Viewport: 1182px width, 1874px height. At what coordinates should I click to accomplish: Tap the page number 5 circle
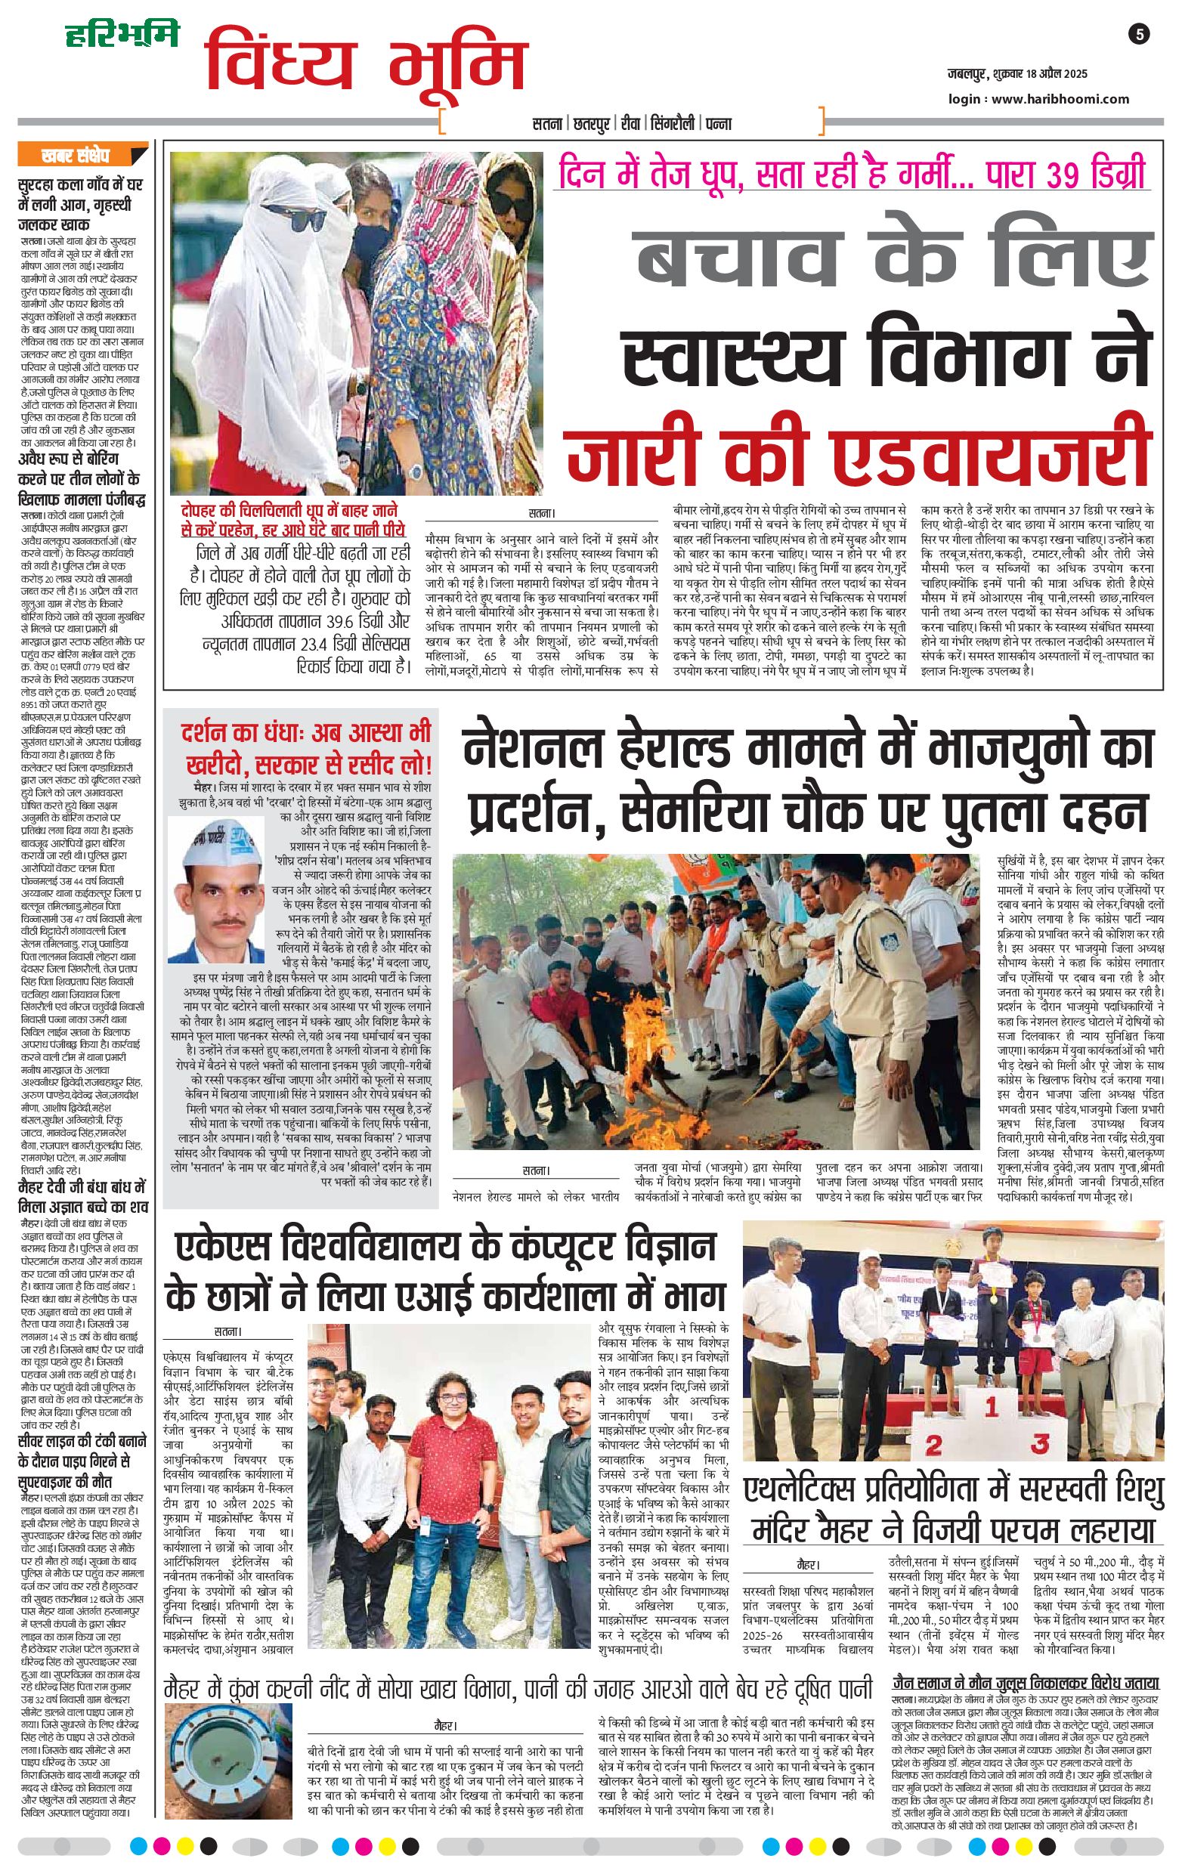(x=1138, y=34)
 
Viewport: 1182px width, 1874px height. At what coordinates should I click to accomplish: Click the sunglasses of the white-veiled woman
(x=294, y=215)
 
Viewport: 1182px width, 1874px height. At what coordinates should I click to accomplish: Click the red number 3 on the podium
(x=1040, y=1443)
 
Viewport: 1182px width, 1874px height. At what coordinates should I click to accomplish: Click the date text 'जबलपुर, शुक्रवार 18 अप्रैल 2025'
(x=1017, y=74)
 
